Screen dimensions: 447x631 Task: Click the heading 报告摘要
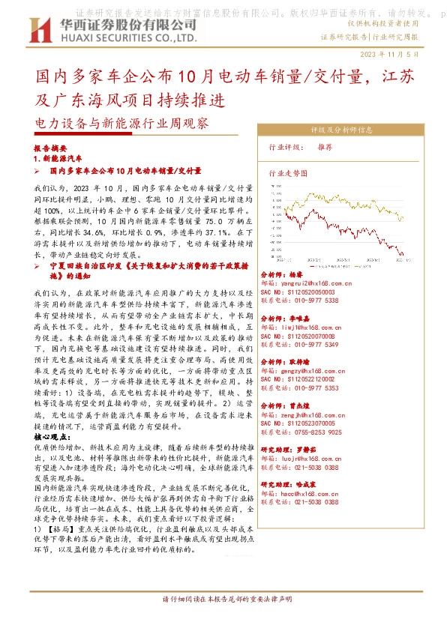51,149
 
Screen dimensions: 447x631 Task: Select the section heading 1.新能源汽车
58,160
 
